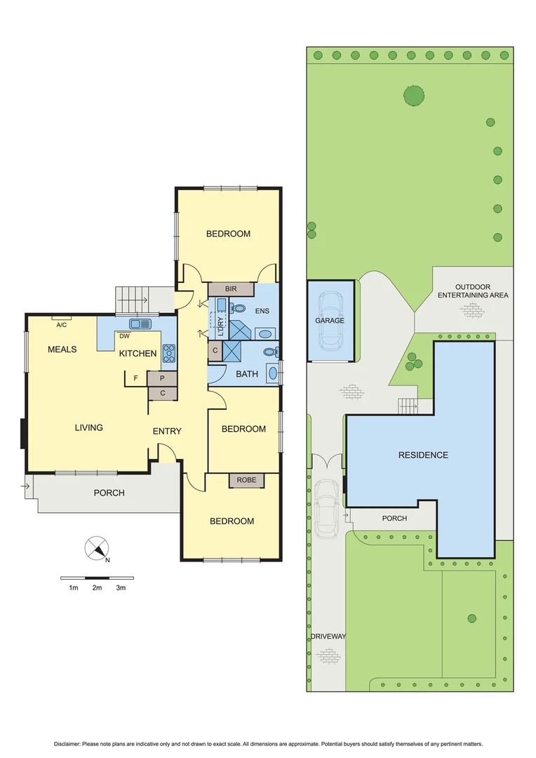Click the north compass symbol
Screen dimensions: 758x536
point(96,549)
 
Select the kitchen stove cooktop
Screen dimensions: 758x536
point(169,353)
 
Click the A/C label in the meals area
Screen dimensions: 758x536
point(62,324)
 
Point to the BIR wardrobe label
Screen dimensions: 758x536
point(231,288)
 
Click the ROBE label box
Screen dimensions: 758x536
point(246,480)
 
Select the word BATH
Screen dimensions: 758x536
point(246,374)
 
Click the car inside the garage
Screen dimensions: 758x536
point(330,321)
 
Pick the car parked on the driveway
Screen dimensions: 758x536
point(327,508)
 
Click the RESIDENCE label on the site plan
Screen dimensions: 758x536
point(423,455)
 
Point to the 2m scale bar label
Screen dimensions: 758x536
point(97,588)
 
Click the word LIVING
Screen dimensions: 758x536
point(89,427)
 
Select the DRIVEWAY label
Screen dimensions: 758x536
point(328,637)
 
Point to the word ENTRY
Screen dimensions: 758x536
point(167,431)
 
